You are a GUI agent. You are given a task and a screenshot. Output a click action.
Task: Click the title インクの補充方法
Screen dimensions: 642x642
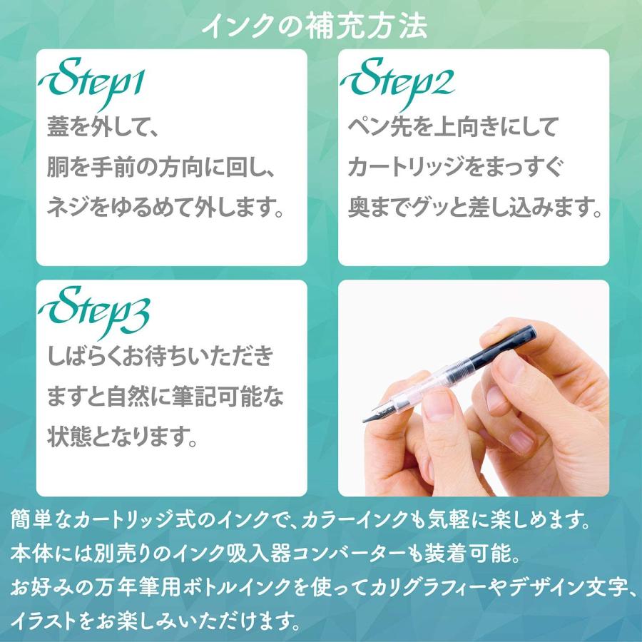[315, 26]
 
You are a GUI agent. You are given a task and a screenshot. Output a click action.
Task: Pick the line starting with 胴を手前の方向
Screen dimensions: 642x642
[161, 169]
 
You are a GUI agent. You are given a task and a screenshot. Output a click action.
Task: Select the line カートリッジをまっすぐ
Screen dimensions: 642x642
[456, 169]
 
